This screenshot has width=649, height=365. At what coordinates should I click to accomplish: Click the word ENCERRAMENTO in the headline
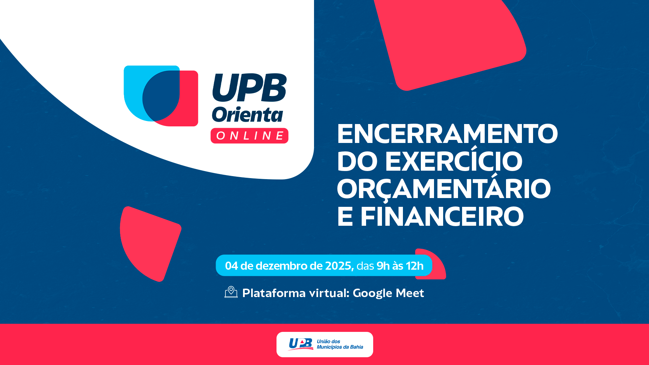pyautogui.click(x=447, y=134)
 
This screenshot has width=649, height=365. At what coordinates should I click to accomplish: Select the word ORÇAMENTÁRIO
pyautogui.click(x=444, y=188)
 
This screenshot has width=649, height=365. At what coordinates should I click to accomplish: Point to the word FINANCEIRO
pyautogui.click(x=442, y=217)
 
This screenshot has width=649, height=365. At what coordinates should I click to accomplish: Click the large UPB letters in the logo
pyautogui.click(x=249, y=88)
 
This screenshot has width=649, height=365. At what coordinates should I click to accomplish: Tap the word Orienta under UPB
pyautogui.click(x=247, y=115)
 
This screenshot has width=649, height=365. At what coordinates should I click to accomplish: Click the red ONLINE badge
pyautogui.click(x=249, y=136)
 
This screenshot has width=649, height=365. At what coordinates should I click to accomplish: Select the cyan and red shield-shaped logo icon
pyautogui.click(x=161, y=96)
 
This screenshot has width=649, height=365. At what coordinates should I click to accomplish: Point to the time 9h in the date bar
pyautogui.click(x=383, y=266)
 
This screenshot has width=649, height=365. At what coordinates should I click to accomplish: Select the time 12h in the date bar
pyautogui.click(x=415, y=266)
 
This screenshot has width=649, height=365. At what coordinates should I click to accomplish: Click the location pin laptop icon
pyautogui.click(x=231, y=292)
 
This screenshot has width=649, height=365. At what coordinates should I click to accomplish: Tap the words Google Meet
pyautogui.click(x=388, y=293)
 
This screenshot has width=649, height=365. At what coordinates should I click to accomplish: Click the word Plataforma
pyautogui.click(x=274, y=293)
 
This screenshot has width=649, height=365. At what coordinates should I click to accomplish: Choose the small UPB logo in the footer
pyautogui.click(x=301, y=344)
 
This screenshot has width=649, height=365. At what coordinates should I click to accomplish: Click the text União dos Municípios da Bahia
pyautogui.click(x=340, y=344)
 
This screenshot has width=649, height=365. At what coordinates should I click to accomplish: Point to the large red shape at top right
pyautogui.click(x=450, y=42)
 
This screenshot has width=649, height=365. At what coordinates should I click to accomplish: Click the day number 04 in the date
pyautogui.click(x=232, y=266)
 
